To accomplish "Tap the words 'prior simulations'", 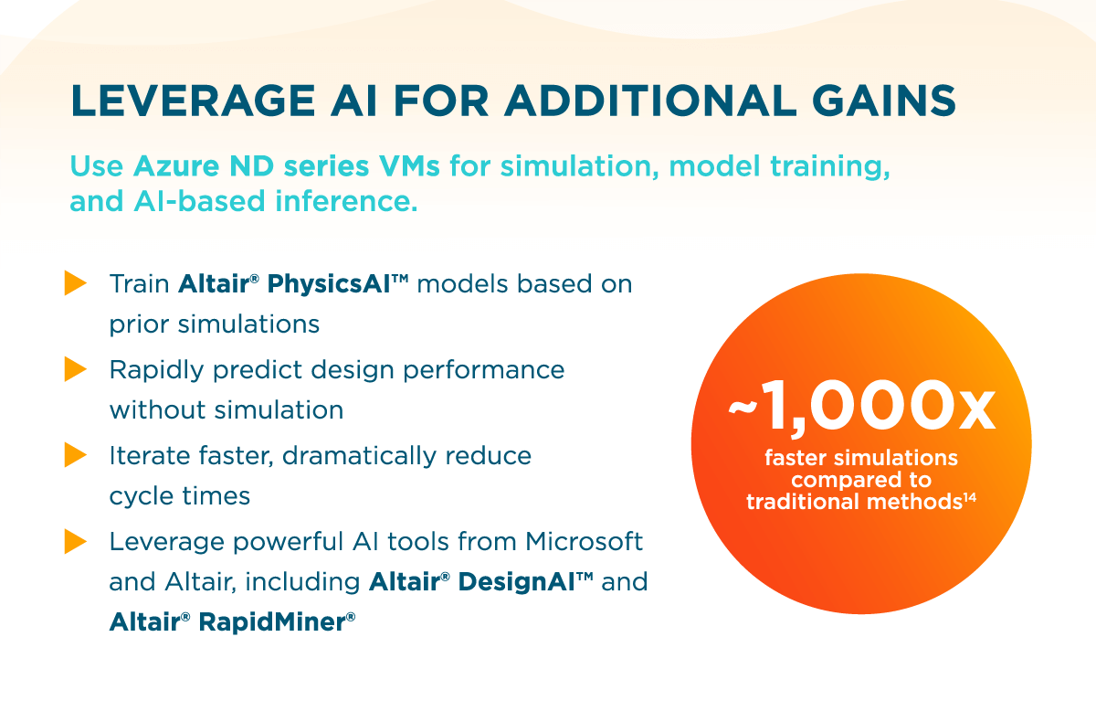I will click(215, 324).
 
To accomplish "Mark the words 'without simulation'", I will click(227, 410).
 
